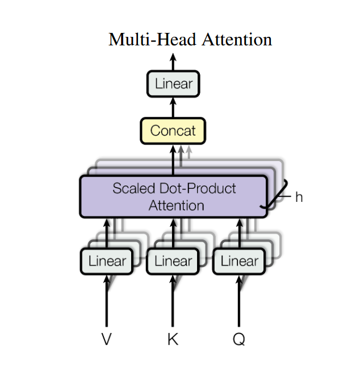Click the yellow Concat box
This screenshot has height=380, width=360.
[x=173, y=131]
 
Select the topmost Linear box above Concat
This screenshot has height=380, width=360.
[x=173, y=84]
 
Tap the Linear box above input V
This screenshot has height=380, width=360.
[x=107, y=261]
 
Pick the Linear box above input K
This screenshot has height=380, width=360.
[x=173, y=261]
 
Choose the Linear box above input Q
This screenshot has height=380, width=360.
[x=239, y=261]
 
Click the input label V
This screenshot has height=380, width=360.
[x=107, y=339]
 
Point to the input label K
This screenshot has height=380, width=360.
[x=173, y=339]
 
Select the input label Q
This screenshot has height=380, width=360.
[x=239, y=339]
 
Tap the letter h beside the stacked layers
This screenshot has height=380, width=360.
[x=299, y=197]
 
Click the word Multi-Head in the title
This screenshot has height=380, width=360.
[x=152, y=39]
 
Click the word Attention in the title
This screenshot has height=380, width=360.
[x=237, y=39]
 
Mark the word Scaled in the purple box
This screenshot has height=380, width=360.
[x=133, y=188]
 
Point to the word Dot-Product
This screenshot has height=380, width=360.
[x=198, y=188]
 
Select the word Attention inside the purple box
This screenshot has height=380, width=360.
[x=177, y=205]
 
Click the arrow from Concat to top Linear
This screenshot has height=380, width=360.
[x=173, y=107]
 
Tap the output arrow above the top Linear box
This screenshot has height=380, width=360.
[x=173, y=62]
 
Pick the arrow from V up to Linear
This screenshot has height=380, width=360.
[x=107, y=301]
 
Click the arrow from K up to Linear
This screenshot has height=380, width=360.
[x=173, y=301]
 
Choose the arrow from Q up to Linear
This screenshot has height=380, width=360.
[x=239, y=301]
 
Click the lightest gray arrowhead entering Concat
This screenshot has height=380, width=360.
[x=189, y=149]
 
